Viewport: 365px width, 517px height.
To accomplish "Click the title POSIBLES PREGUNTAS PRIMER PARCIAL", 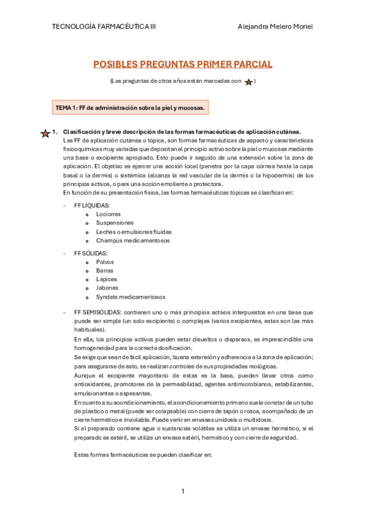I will click(x=182, y=64).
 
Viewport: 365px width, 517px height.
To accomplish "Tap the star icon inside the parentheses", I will click(x=249, y=82).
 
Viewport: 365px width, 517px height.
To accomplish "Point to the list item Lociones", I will click(x=108, y=215).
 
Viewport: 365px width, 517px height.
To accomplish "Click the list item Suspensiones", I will click(x=115, y=223).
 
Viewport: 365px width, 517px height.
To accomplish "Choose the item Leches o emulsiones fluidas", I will click(x=133, y=232).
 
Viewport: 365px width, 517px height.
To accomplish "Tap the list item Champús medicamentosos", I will click(x=133, y=240).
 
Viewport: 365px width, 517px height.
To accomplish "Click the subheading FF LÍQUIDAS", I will click(x=92, y=205).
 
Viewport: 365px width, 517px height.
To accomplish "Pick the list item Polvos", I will click(x=105, y=262).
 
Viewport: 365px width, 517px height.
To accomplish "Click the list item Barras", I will click(x=105, y=270).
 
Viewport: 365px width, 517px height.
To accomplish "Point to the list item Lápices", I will click(x=106, y=279).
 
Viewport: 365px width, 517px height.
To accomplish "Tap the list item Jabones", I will click(x=107, y=288).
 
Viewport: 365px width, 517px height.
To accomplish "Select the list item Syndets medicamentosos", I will click(x=130, y=297).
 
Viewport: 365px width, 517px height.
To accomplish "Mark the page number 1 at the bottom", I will click(x=182, y=491).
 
